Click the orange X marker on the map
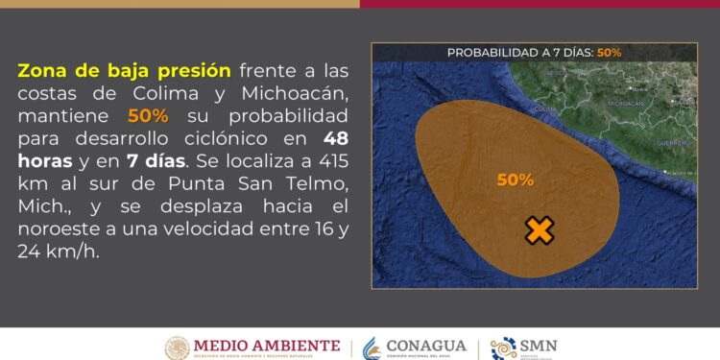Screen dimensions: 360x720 (540, 230)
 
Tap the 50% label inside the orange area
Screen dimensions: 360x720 (516, 180)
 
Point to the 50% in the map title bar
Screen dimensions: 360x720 (609, 53)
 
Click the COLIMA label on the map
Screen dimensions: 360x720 (544, 109)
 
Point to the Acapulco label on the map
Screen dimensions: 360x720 (680, 174)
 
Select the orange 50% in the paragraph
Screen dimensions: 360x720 (149, 115)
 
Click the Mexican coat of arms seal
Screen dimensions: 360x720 (177, 347)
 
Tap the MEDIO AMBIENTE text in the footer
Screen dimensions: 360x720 (267, 345)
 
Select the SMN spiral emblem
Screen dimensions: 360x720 (504, 348)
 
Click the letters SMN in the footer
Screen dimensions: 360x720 (540, 345)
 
